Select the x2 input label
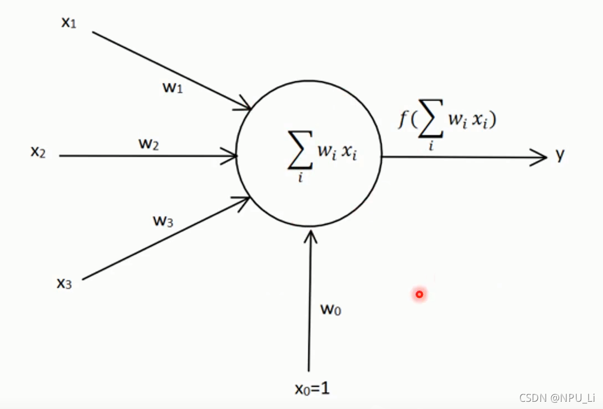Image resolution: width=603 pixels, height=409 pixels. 38,152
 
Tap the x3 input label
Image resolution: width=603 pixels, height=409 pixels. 64,283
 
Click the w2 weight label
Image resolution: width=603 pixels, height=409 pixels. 149,144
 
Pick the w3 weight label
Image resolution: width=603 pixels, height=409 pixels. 163,221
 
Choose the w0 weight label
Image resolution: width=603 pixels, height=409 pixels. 330,309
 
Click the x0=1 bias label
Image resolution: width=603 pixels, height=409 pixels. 312,388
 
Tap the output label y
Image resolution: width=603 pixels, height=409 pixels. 560,156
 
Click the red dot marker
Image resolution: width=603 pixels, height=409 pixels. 419,294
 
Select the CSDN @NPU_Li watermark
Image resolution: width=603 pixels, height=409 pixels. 557,398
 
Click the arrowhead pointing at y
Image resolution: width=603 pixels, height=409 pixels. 541,157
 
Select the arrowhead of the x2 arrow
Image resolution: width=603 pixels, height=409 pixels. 231,156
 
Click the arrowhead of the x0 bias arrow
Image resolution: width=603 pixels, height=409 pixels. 310,235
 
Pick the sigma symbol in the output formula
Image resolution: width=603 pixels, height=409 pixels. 431,124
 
